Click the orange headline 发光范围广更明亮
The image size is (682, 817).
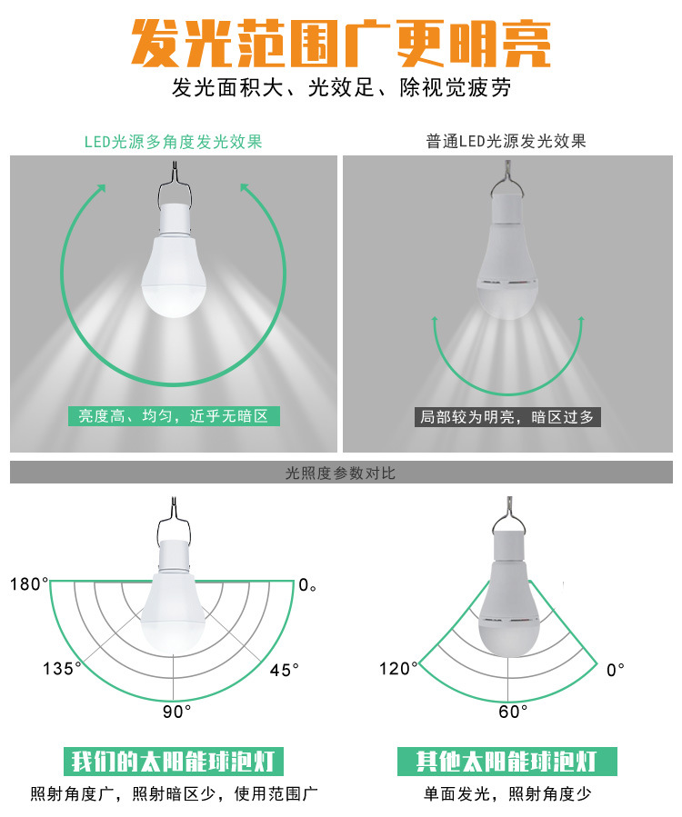pos(341,42)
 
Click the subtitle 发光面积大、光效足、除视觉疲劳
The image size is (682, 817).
pos(341,89)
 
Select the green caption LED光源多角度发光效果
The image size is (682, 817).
pos(173,142)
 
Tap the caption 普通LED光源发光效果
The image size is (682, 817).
pos(506,142)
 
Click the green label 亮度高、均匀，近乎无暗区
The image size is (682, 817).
pos(173,417)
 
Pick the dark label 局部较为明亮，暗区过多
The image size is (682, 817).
pos(506,417)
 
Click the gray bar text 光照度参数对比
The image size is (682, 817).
pos(341,473)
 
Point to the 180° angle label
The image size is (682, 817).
pos(30,584)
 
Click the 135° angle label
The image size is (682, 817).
pos(62,670)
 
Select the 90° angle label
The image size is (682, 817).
pos(176,712)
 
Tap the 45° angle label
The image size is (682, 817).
pos(284,670)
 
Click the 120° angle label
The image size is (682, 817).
pos(398,670)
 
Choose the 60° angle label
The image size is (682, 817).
pos(513,712)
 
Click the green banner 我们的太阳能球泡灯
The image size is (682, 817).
pos(173,761)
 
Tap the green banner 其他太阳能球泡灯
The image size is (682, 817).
pos(506,761)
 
